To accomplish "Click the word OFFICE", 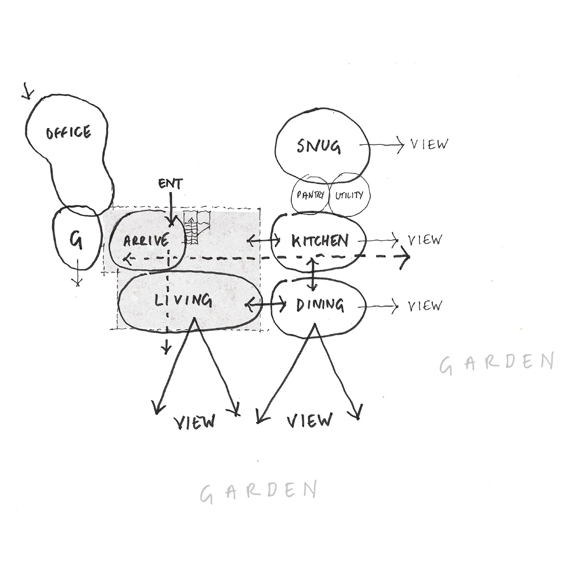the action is [x=68, y=132].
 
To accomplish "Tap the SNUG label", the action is [x=319, y=147].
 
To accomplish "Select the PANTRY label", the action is [x=310, y=195].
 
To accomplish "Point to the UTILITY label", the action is [x=349, y=195].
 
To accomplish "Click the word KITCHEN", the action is [x=320, y=241].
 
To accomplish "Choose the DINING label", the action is [x=320, y=305].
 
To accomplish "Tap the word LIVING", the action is [x=184, y=301].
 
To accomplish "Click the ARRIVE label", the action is [x=146, y=241].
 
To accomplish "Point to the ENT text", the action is [x=171, y=184].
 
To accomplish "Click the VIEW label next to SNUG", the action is [x=429, y=145].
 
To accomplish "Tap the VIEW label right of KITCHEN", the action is [x=425, y=240].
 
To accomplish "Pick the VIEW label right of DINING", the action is [x=425, y=306].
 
